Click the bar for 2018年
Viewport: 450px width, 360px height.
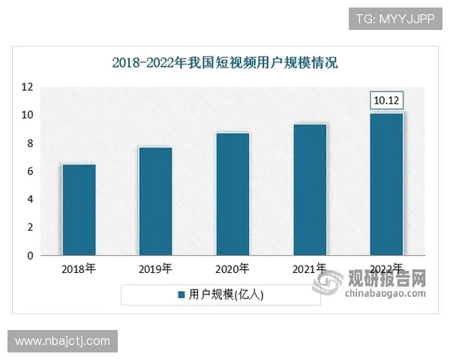[79, 210]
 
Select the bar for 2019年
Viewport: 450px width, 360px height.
[155, 201]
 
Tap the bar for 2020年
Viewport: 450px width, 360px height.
[232, 194]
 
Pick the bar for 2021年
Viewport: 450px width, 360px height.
[310, 190]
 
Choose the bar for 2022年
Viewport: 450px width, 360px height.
[386, 184]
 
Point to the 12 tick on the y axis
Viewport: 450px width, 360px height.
[27, 87]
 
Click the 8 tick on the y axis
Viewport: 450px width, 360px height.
[29, 143]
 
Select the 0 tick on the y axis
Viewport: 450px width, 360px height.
[29, 256]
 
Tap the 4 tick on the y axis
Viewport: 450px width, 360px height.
[29, 199]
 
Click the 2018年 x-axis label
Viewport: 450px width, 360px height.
[79, 268]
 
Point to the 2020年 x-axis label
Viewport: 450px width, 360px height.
[232, 268]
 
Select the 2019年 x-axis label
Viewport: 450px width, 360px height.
[155, 268]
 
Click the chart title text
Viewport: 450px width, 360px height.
[225, 62]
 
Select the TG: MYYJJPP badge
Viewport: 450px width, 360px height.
[394, 17]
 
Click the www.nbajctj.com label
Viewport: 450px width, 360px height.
[62, 341]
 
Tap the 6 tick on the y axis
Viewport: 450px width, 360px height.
[29, 172]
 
